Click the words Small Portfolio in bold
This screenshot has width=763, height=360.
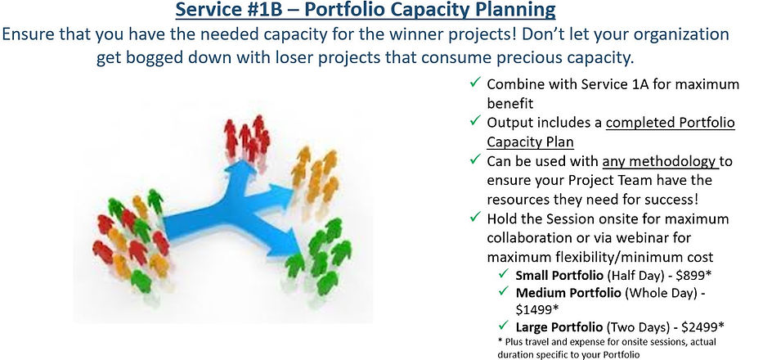(x=559, y=275)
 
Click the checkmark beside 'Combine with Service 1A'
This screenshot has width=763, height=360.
(x=475, y=83)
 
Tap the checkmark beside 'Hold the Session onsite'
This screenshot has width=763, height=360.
(x=475, y=218)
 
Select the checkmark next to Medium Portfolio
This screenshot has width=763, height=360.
(x=503, y=291)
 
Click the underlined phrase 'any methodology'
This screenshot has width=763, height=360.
(x=659, y=161)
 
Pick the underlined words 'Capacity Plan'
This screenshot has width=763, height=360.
(x=531, y=142)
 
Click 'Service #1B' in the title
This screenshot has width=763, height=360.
(x=229, y=9)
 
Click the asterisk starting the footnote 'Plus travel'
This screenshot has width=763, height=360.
(x=500, y=341)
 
